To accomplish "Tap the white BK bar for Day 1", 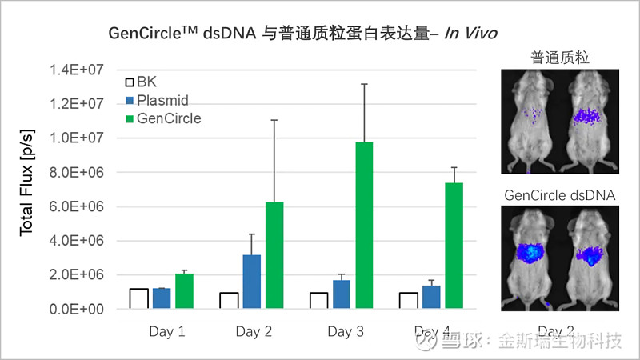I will (x=138, y=298).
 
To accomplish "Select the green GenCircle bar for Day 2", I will (x=274, y=255).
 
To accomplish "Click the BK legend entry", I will (x=146, y=82).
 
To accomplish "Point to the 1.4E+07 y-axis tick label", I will (x=78, y=70).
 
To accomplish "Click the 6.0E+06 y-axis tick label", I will (x=78, y=206).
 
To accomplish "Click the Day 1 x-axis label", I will (x=166, y=331).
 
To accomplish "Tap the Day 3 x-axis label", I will (x=346, y=331).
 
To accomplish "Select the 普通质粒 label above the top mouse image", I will (x=559, y=58).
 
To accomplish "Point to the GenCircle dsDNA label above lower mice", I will (x=559, y=194).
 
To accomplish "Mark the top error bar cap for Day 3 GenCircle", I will (x=364, y=83).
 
